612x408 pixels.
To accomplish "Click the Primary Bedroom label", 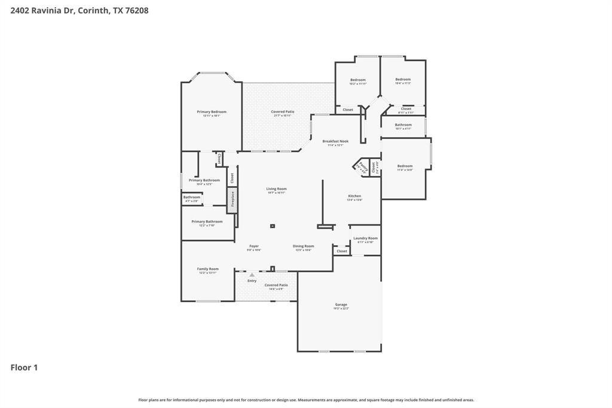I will (212, 112).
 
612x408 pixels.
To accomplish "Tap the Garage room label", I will (341, 305).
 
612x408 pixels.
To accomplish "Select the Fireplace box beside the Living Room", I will (232, 200).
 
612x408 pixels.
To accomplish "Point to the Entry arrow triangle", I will (252, 275).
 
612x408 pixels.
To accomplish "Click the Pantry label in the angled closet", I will (361, 168).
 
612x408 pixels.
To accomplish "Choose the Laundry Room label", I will (365, 238).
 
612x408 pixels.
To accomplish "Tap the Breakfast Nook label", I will (335, 141).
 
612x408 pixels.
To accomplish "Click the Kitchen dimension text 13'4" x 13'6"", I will (354, 200).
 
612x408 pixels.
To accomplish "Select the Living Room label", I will (276, 189).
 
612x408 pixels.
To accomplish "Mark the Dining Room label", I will (303, 246).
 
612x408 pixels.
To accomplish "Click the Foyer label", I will (254, 246).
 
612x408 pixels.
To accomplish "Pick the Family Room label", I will (208, 269).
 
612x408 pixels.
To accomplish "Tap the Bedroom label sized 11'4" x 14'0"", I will (405, 166).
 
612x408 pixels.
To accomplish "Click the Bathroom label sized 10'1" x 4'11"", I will (403, 125).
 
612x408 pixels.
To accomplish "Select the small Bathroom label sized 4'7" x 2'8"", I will (192, 197).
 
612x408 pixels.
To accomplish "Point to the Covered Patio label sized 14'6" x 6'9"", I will (276, 285).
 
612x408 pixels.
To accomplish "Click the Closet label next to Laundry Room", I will (342, 251).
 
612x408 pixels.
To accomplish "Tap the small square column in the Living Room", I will (273, 226).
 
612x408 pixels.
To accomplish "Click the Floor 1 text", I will (24, 367).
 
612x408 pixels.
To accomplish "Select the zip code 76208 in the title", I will (136, 10).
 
